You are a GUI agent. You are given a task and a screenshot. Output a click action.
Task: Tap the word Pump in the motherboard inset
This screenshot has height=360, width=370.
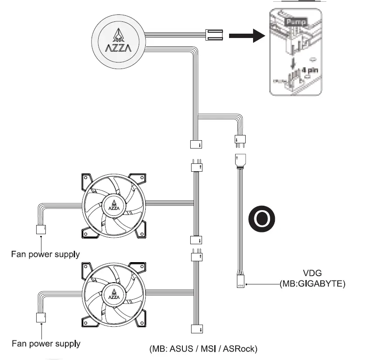(x=296, y=21)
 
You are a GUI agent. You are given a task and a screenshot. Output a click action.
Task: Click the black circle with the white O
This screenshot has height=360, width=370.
(x=262, y=218)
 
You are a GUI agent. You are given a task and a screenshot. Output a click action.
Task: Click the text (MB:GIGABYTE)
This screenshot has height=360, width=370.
(x=312, y=284)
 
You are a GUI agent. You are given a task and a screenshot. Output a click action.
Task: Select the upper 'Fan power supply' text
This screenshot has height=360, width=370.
(x=45, y=254)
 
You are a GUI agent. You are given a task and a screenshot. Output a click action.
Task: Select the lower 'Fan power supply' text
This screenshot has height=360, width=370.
(x=45, y=343)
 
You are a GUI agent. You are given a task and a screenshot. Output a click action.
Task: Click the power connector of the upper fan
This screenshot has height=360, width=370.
(x=41, y=229)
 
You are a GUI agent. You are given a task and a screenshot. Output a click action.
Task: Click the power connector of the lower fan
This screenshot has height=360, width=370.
(x=41, y=318)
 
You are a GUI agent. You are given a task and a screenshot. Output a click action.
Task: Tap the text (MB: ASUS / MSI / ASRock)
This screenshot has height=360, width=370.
(x=203, y=349)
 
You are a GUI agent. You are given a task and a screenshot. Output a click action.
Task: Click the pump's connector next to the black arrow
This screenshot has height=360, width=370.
(x=213, y=35)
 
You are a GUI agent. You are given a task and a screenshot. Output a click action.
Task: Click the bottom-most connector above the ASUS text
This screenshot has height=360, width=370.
(x=196, y=330)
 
